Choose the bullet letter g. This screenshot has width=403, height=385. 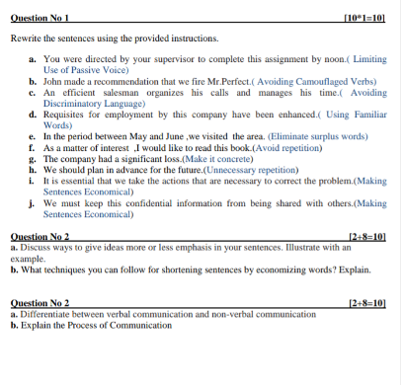[x=33, y=158]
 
